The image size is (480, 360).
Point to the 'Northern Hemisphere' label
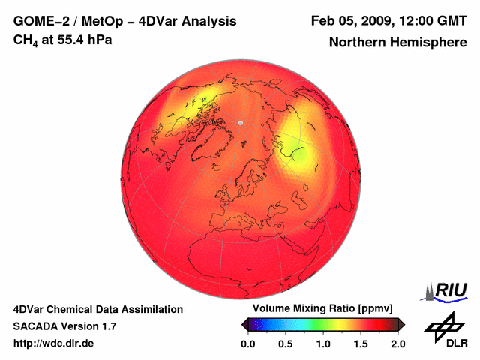click(397, 43)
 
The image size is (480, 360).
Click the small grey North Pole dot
click(241, 122)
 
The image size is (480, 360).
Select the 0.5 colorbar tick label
click(286, 343)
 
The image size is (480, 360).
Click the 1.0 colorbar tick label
click(323, 343)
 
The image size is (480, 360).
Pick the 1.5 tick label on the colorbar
click(361, 343)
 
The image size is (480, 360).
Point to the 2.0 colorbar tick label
click(397, 343)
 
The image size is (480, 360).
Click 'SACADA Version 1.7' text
click(64, 326)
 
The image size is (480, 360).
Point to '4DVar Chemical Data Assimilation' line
click(97, 309)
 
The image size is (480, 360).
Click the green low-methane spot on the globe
click(298, 156)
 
